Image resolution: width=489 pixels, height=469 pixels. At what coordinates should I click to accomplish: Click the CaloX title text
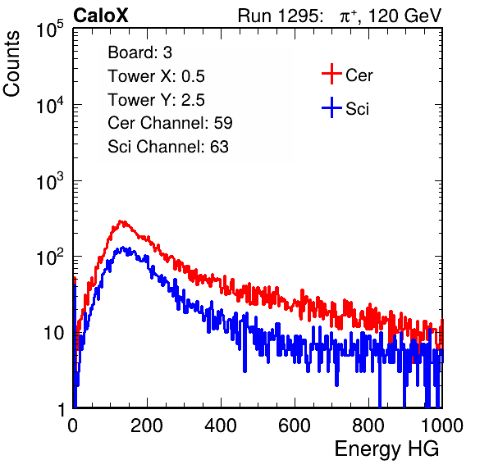coord(100,16)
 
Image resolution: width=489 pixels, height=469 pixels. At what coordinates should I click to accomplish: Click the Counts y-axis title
coord(11,64)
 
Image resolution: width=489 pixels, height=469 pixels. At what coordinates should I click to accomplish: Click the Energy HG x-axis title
coord(386,449)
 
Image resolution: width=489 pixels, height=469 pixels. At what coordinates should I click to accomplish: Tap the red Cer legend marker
coord(331,74)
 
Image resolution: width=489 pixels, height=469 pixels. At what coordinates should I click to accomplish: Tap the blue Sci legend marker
coord(331,107)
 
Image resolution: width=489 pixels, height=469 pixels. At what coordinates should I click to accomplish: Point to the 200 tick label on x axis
coord(146,425)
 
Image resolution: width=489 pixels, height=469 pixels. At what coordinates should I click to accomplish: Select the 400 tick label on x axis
coord(221,425)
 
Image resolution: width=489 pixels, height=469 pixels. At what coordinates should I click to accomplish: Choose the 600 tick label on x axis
coord(295,425)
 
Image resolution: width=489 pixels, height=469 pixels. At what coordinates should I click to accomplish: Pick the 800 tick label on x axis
coord(368,425)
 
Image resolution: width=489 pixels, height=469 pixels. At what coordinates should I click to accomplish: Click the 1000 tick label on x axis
coord(442,425)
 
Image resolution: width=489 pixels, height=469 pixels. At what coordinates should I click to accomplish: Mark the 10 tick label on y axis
coord(54,333)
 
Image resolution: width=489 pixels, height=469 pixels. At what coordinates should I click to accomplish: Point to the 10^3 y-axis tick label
coord(51,181)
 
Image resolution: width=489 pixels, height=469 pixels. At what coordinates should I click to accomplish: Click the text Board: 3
coord(139,52)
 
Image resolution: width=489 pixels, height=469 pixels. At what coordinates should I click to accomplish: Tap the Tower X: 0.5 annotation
coord(156,76)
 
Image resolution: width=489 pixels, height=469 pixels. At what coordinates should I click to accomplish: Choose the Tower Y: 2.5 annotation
coord(156,100)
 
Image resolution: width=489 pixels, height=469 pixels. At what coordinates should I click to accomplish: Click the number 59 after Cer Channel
coord(223,123)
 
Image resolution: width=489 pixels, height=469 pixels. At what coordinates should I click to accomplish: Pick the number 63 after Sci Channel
coord(219,147)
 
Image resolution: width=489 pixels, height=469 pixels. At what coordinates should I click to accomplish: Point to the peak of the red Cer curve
coord(122,221)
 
